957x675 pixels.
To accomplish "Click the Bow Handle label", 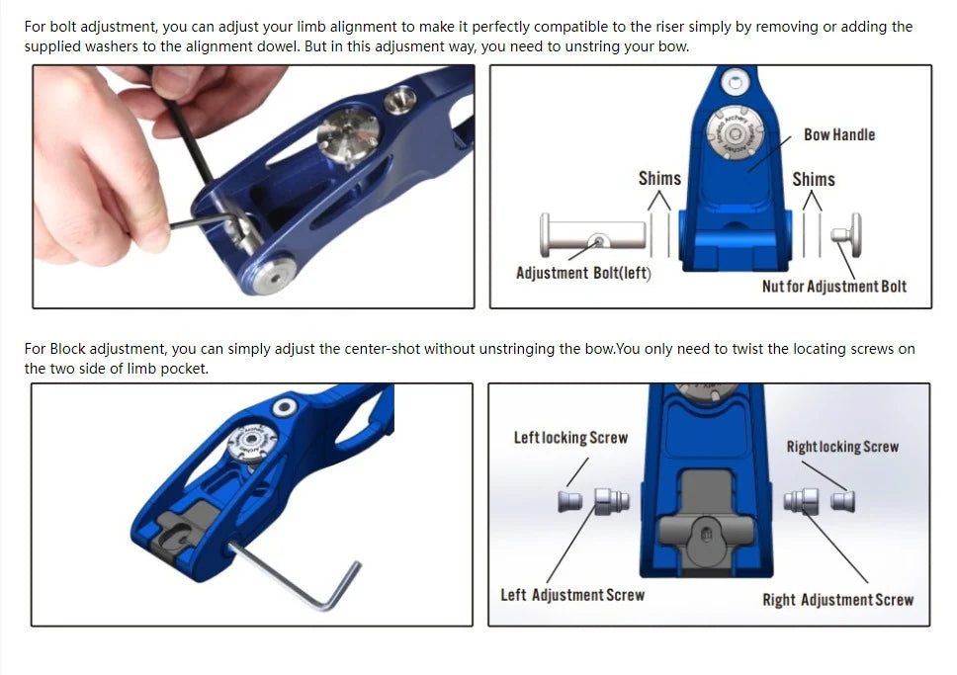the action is pos(839,134).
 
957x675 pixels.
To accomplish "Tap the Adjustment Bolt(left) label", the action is pos(583,273).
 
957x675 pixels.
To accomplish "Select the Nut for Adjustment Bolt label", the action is pos(834,287).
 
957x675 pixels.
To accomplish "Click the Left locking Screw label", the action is pos(570,438).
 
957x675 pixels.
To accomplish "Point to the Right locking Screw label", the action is pos(842,447).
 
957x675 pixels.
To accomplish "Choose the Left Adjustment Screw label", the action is pos(572,595).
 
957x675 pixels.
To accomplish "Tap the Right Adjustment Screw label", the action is pos(838,600).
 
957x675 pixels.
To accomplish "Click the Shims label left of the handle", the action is pos(659,178).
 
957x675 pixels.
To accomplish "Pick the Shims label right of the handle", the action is pos(814,180).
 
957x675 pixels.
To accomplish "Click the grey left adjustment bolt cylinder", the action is pos(592,235).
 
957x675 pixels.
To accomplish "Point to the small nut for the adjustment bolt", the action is pos(846,234).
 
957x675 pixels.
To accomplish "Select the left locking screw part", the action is pos(570,502).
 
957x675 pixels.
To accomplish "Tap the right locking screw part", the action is pos(843,502).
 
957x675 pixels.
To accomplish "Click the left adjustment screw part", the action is pos(612,502).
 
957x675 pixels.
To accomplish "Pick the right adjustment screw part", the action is pos(802,501).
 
